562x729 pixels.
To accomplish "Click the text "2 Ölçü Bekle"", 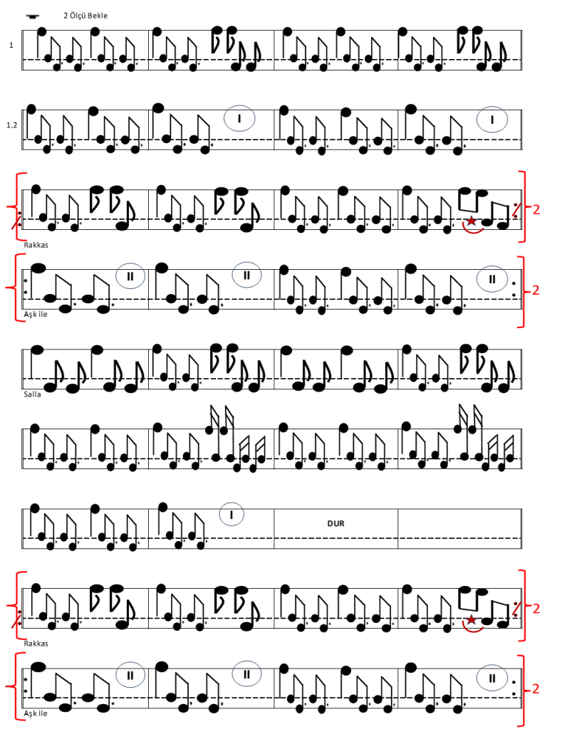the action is [85, 16].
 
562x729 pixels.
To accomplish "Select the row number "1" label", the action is [11, 45].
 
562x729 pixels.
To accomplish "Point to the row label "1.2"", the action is [11, 125].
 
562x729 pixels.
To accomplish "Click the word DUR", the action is [336, 523].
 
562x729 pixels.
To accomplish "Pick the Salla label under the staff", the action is [32, 394].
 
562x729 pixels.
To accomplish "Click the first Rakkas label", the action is [36, 245].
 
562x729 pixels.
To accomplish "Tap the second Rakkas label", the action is [36, 644].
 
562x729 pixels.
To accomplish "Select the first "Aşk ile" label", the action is [36, 314].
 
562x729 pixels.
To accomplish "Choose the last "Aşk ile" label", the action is [36, 713].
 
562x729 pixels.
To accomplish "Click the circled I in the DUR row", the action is [231, 515].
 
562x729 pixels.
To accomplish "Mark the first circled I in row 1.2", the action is [239, 119].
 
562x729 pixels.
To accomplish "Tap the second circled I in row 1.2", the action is [492, 120].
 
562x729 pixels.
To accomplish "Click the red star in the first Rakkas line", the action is [472, 221].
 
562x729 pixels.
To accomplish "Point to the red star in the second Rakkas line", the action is [472, 620].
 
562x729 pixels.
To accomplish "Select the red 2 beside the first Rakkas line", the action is [536, 209].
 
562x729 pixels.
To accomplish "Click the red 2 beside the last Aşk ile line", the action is [536, 688].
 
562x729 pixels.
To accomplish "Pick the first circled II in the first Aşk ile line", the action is [130, 276].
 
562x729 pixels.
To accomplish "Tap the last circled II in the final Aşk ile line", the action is [492, 678].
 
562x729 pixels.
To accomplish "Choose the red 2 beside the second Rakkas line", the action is [536, 608].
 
